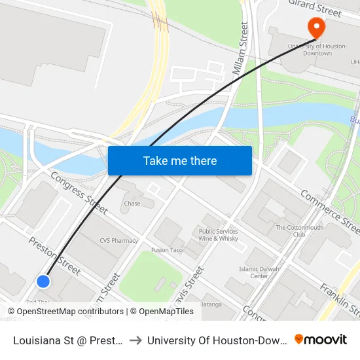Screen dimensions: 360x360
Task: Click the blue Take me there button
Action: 180,160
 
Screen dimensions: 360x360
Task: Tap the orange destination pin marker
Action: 317,28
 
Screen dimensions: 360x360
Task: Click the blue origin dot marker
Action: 43,281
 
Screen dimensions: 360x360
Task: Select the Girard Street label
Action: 315,9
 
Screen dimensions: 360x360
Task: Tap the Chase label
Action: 132,204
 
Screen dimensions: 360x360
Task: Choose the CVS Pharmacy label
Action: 118,240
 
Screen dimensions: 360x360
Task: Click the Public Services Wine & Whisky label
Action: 219,235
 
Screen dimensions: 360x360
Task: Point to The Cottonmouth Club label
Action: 300,230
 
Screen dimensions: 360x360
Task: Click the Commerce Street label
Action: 329,211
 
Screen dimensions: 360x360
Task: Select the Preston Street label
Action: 54,255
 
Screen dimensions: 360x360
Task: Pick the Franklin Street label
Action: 340,299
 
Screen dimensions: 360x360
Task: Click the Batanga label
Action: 211,304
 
